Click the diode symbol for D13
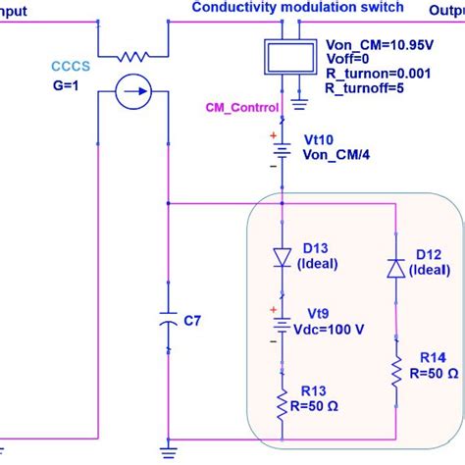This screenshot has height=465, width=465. pyautogui.click(x=284, y=257)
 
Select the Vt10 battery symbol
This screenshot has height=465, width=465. pyautogui.click(x=284, y=152)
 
